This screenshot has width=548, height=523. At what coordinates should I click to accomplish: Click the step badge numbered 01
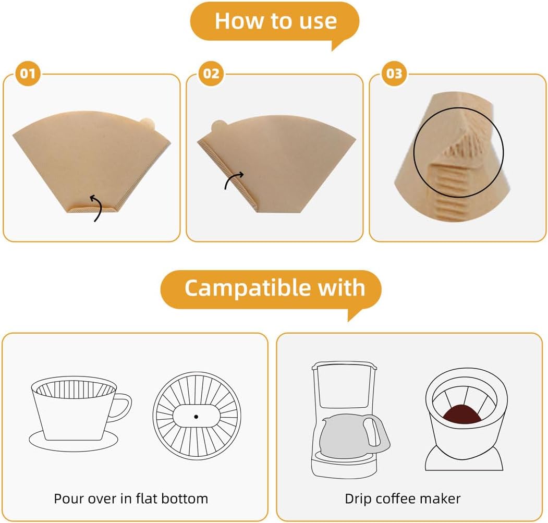point(28,74)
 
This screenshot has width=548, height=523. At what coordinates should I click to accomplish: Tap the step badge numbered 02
point(211,74)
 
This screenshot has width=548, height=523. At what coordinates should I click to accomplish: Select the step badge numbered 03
point(395,74)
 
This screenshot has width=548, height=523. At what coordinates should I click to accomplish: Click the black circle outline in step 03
point(459,152)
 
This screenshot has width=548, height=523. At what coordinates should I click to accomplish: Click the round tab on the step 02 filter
point(218,127)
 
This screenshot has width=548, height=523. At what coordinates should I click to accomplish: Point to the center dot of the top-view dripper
point(196,416)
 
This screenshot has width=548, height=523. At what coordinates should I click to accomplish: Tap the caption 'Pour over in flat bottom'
point(131,498)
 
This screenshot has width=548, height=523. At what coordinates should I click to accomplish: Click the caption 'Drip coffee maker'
point(403,498)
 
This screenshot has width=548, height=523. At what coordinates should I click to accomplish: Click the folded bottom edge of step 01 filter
point(92,209)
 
